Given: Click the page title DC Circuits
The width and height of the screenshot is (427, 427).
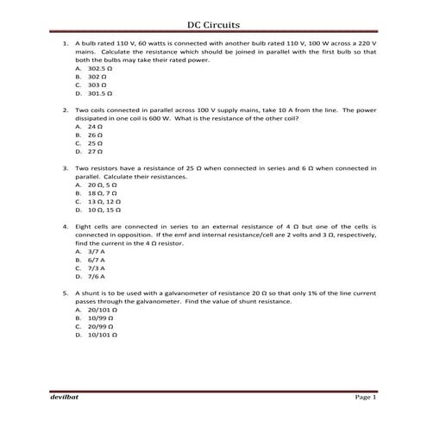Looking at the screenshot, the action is pos(213,25).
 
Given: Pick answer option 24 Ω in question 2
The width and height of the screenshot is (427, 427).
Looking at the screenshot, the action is pos(94,127).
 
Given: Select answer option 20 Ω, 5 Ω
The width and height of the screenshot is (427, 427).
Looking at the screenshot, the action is pos(100,185).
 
